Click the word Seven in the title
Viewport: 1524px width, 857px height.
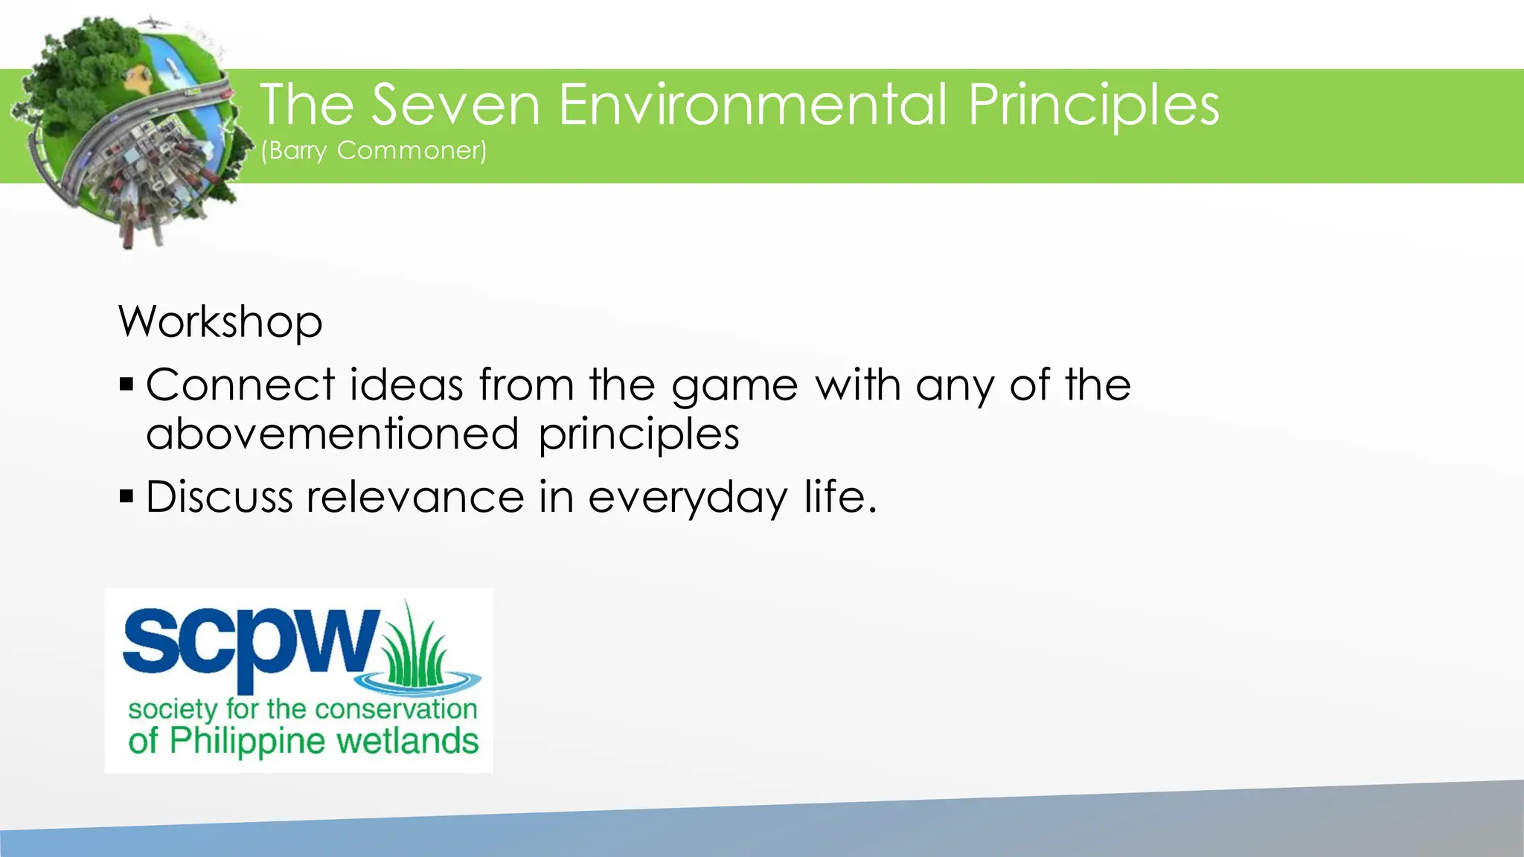coord(455,105)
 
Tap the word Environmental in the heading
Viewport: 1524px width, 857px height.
coord(752,105)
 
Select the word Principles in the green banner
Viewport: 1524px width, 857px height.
coord(1093,106)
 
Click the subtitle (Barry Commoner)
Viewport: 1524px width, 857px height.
coord(374,151)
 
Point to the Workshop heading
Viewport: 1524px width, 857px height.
coord(220,322)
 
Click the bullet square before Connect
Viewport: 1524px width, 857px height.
coord(127,385)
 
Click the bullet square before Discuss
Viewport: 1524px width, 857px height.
coord(127,496)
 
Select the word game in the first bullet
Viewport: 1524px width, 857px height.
coord(734,387)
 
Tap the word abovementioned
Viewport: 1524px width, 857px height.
coord(332,434)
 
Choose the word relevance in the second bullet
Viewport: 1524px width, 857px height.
coord(415,497)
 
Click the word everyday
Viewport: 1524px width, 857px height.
coord(687,498)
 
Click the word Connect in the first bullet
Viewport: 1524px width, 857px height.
coord(240,385)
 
